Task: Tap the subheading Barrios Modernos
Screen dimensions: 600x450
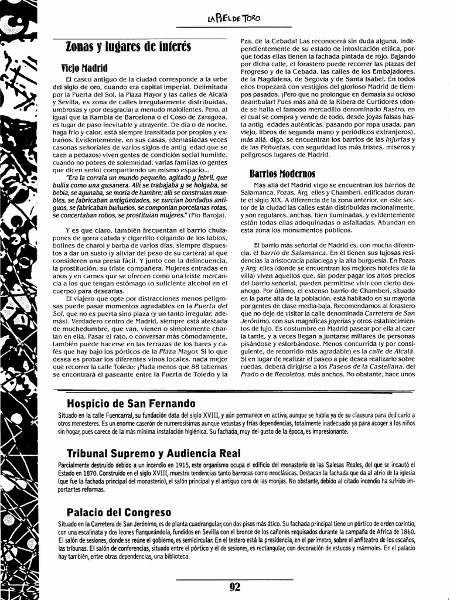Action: (x=282, y=174)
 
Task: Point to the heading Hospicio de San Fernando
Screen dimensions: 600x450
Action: (x=131, y=404)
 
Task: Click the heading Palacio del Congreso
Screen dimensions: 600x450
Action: (x=119, y=511)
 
